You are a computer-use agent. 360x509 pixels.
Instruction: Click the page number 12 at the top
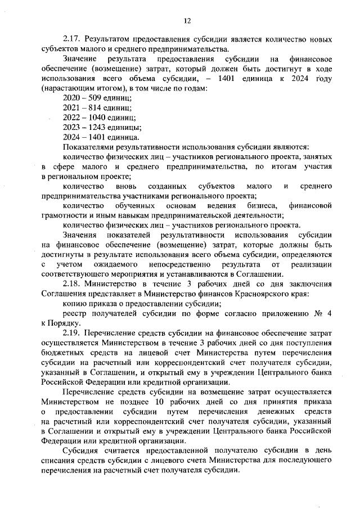point(187,21)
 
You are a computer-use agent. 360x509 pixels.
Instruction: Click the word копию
point(73,303)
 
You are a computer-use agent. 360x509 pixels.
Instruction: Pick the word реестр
point(75,313)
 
